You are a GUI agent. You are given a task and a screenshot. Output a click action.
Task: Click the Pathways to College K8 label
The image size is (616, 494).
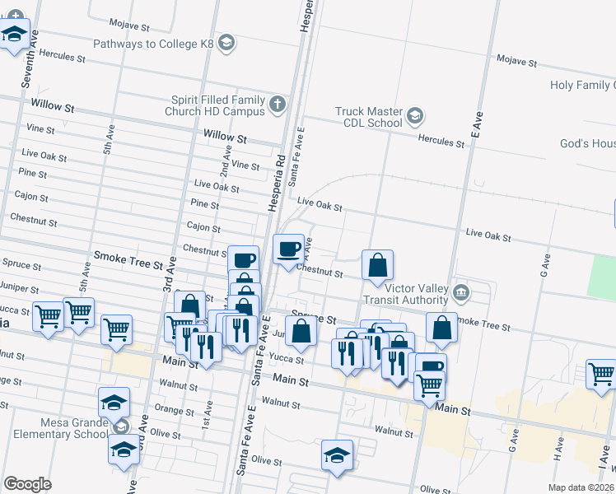[154, 44]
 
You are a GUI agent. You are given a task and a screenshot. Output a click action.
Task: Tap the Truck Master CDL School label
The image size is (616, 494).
[368, 117]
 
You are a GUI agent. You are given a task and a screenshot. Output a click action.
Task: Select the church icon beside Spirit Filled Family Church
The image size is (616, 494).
[278, 104]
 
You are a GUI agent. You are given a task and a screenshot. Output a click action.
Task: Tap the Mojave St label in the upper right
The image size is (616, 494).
[516, 60]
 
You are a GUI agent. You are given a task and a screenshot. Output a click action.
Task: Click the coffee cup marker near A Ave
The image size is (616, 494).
[288, 249]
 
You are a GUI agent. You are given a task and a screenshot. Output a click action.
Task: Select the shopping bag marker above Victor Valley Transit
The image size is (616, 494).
[377, 265]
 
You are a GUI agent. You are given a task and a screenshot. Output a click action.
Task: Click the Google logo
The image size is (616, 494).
[27, 484]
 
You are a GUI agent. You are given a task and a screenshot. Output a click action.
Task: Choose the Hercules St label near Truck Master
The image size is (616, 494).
[442, 140]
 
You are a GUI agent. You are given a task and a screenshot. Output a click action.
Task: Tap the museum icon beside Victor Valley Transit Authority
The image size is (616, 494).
[461, 291]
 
